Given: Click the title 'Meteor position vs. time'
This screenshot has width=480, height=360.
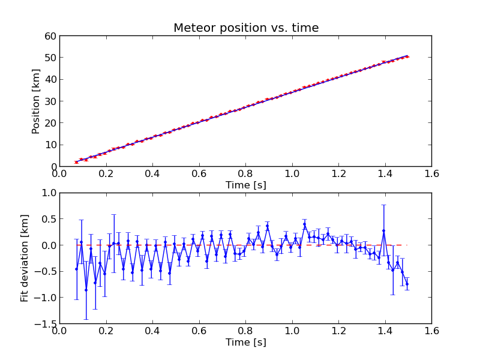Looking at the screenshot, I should point(246,28).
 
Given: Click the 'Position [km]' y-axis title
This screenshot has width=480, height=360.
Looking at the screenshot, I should point(36,101).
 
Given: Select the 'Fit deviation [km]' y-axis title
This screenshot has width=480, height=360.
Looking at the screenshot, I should point(24,258).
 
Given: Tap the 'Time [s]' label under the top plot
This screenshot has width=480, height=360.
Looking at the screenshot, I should point(246,185).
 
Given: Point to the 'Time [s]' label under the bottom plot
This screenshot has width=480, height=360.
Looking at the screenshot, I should point(246,343).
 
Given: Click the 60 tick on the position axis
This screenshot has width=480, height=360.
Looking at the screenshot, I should point(50,36).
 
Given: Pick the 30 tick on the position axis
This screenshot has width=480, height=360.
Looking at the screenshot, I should point(50,101).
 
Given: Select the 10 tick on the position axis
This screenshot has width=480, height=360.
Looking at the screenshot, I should point(50,145).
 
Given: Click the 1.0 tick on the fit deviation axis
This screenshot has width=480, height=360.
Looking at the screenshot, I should point(48,193).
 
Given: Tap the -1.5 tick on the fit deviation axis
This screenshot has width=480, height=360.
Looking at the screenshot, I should point(46,323).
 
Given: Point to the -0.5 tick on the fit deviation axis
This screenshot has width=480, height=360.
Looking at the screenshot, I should point(46,271).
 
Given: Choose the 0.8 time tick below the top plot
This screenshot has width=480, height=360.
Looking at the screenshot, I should point(245,174).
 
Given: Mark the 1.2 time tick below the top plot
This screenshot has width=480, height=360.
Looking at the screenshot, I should point(338,174).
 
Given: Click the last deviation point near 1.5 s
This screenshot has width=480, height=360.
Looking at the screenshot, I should point(407,284).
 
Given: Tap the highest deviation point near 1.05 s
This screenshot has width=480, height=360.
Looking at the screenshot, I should point(304,224).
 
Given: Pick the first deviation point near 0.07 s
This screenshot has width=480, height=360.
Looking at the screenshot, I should point(76,269).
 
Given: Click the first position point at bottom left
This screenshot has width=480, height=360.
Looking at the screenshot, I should point(76,162).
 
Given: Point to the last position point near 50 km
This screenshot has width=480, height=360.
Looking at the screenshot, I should point(407,56).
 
